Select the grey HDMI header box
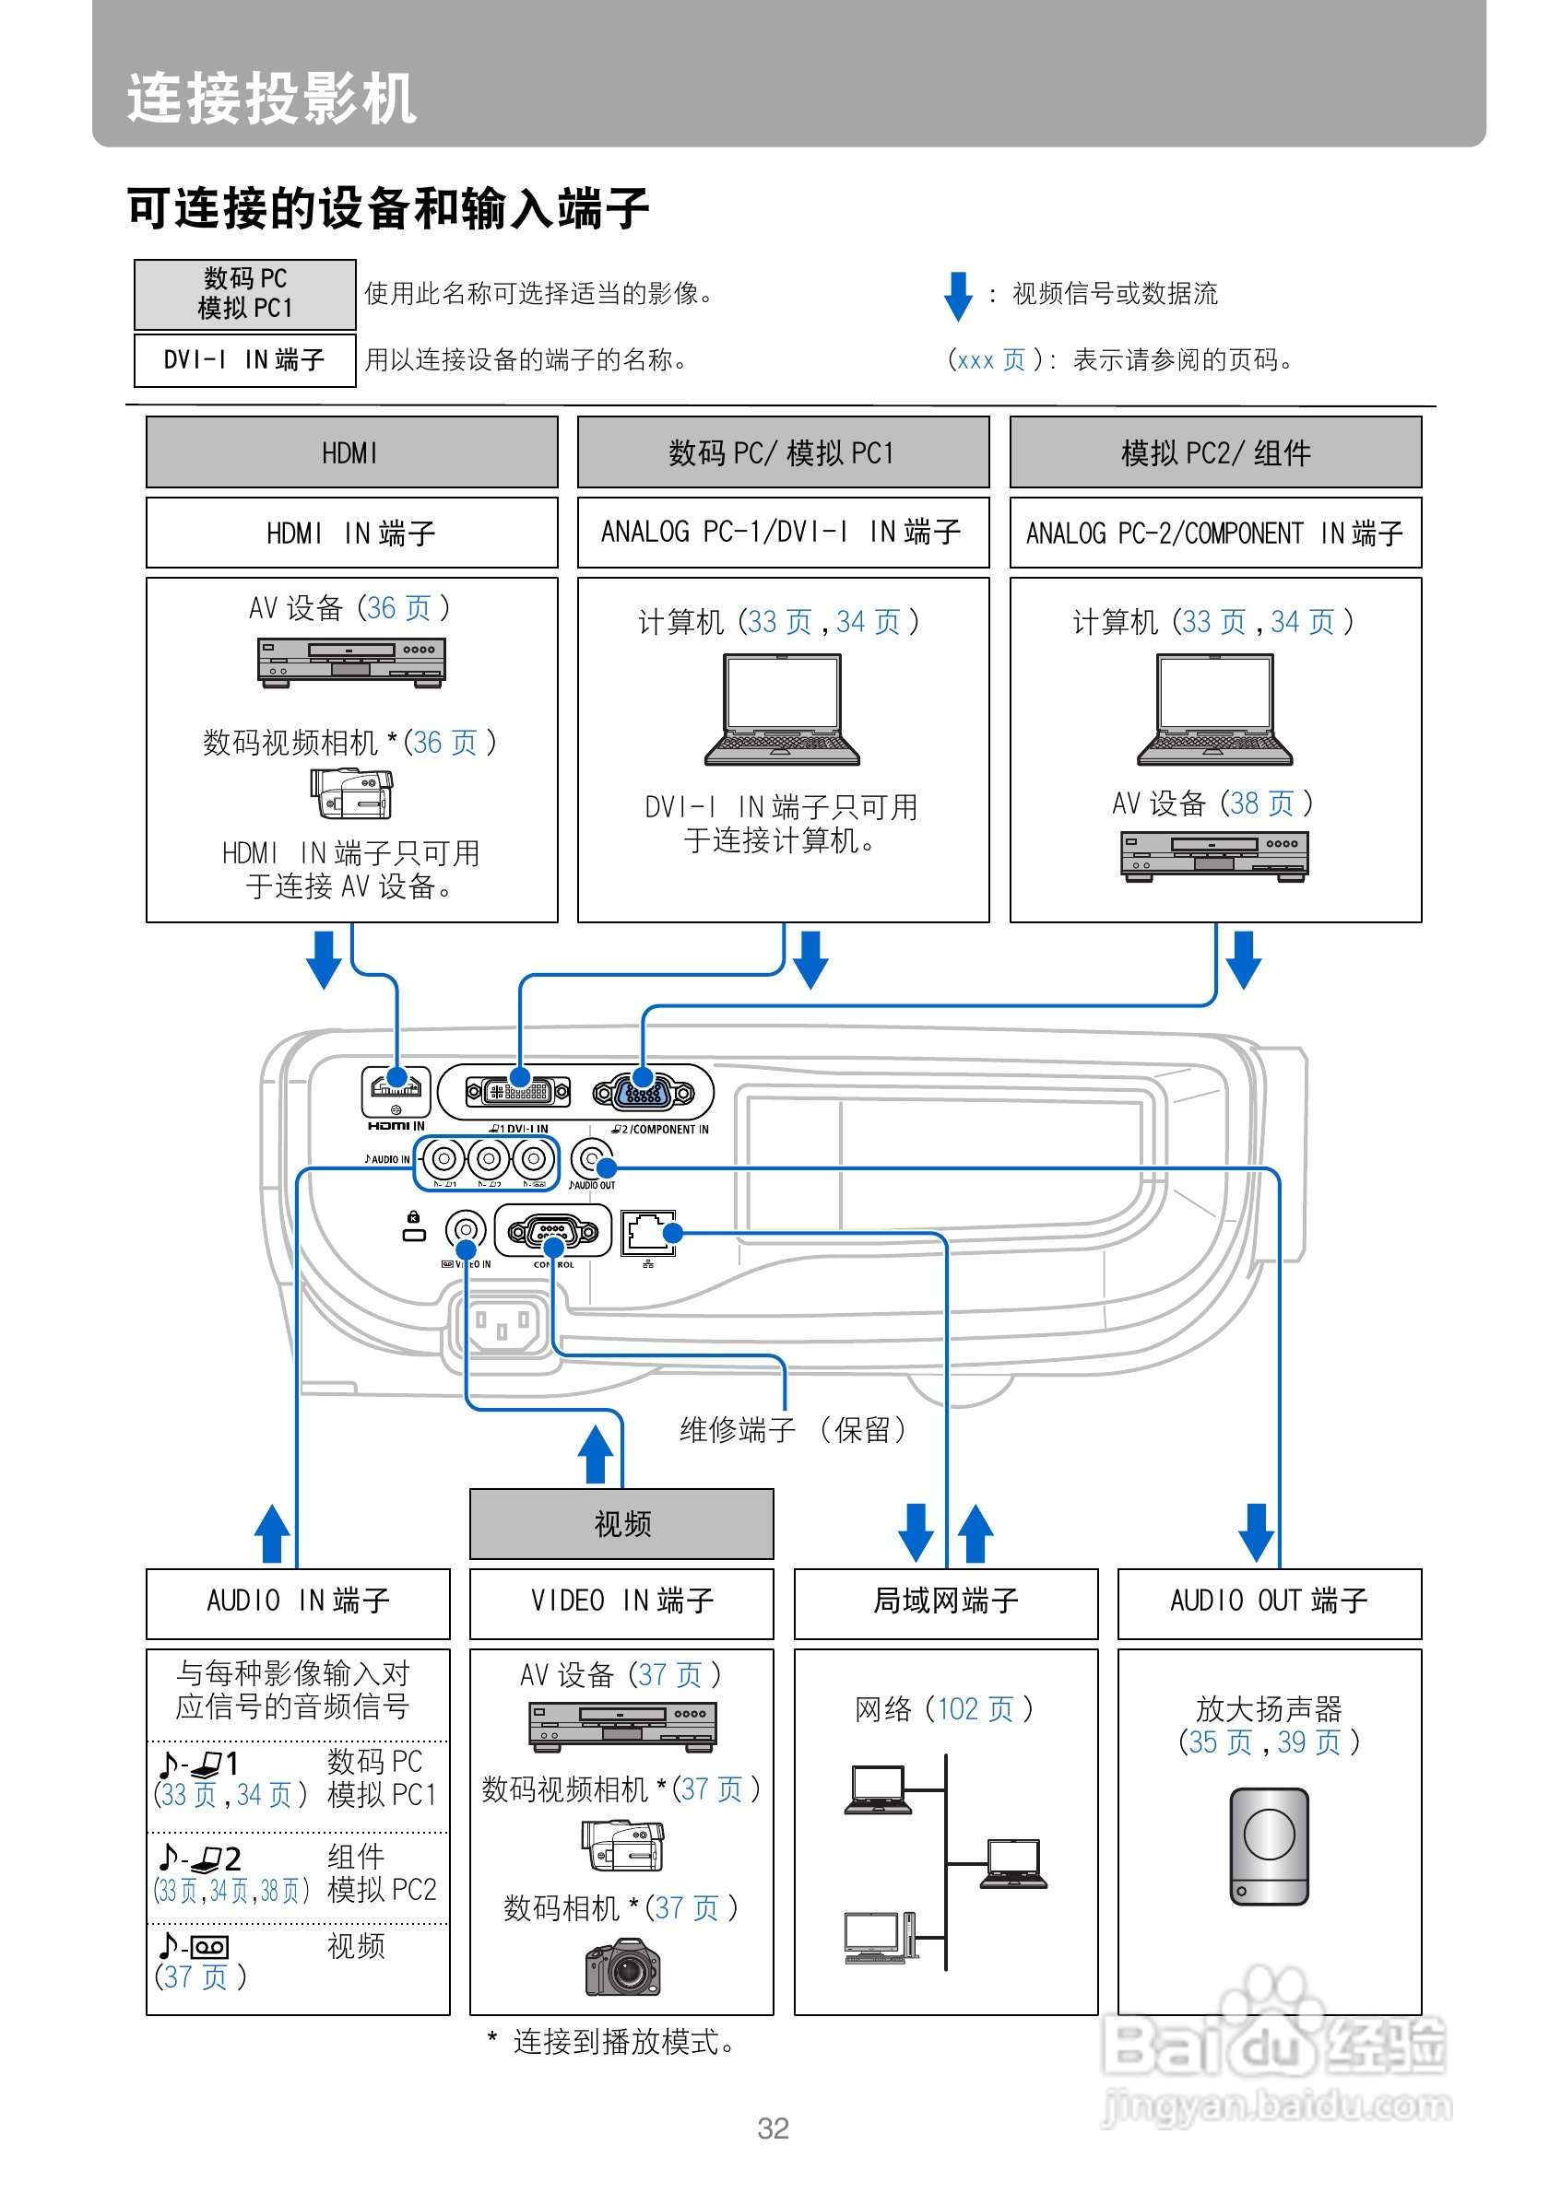coord(350,451)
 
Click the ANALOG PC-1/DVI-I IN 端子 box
coord(782,532)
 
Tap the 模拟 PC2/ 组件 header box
coord(1214,451)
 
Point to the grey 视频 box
coord(621,1522)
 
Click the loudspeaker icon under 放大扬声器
coord(1268,1846)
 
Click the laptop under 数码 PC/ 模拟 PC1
coord(782,709)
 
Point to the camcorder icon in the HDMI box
coord(351,792)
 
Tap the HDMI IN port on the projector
coord(396,1089)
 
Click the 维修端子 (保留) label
coord(792,1429)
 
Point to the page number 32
coord(772,2128)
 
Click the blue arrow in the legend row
coord(957,295)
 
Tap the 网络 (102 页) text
coord(944,1708)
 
